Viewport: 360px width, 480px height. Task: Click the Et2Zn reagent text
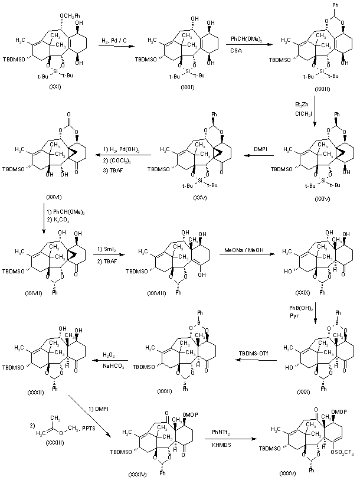(302, 105)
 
